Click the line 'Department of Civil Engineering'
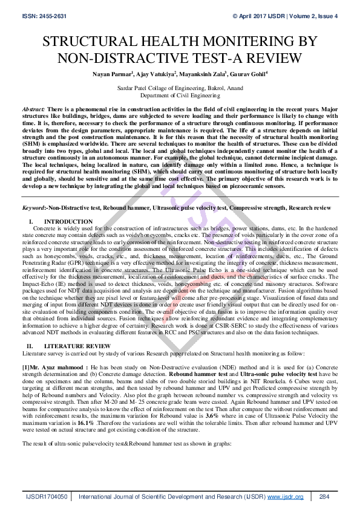(x=180, y=95)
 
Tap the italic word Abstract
(x=32, y=106)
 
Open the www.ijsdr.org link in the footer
(x=285, y=496)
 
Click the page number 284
(x=324, y=496)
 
